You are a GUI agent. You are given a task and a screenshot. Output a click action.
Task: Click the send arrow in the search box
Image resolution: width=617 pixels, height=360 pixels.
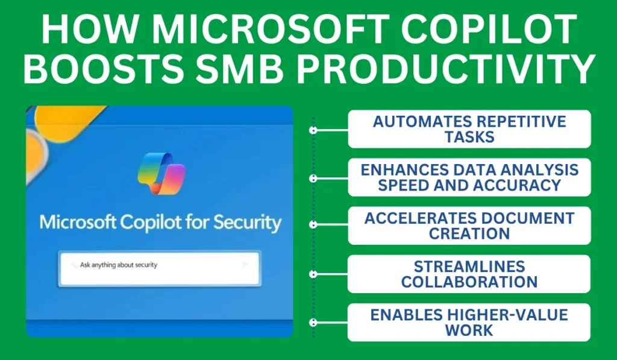[x=245, y=264]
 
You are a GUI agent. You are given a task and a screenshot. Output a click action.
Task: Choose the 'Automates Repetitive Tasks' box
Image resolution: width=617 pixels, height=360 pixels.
[x=469, y=129]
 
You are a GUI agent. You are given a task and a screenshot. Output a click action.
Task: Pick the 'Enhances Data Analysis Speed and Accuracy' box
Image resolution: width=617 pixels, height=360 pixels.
[x=469, y=177]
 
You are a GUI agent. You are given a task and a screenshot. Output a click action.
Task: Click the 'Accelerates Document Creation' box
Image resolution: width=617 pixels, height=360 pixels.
[x=469, y=226]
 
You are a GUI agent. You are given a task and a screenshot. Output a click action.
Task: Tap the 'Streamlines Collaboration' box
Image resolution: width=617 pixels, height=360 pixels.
[x=469, y=274]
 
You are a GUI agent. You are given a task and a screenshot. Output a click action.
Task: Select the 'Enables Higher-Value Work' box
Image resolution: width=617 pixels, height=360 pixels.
[x=469, y=322]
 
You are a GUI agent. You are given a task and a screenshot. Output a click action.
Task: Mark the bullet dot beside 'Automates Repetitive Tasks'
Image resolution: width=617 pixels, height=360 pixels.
[x=313, y=130]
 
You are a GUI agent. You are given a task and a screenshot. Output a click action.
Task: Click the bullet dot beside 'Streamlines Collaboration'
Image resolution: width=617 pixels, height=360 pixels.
[x=313, y=274]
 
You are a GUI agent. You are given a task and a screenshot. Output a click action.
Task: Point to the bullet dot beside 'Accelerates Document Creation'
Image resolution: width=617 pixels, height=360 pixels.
[x=313, y=225]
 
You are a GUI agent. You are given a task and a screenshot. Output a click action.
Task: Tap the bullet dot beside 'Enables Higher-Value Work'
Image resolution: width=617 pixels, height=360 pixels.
[x=313, y=323]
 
